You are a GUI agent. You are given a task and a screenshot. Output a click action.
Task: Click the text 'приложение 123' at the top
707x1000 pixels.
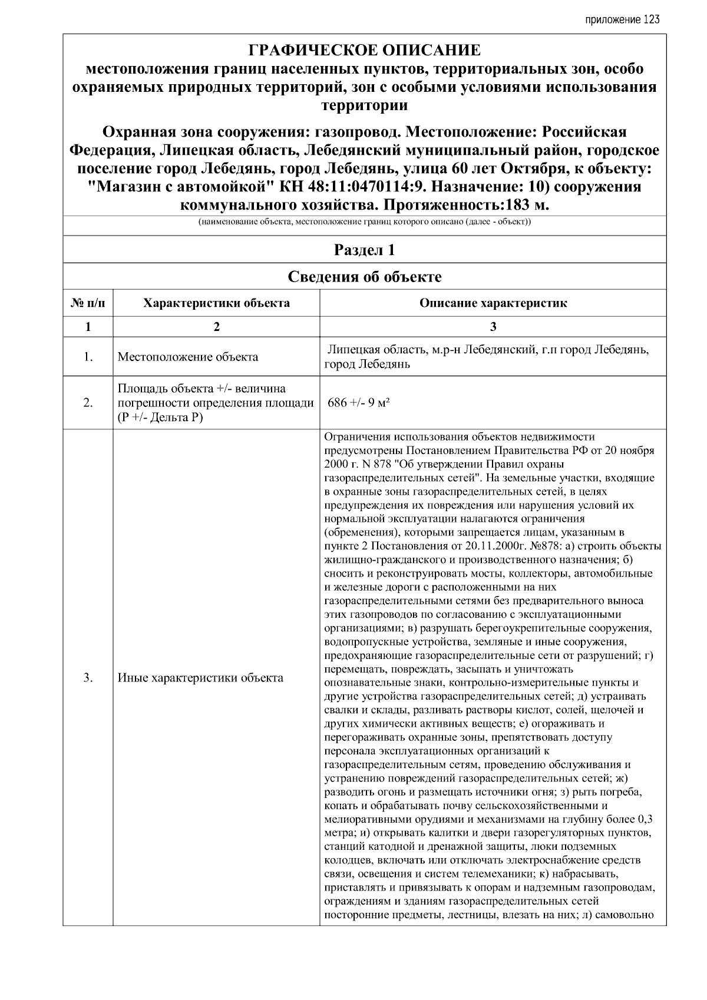(622, 20)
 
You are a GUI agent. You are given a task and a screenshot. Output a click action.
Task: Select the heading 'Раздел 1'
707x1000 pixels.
(364, 250)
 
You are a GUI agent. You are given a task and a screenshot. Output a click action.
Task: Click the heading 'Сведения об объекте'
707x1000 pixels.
(364, 277)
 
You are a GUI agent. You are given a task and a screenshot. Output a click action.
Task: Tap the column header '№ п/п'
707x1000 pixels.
(88, 303)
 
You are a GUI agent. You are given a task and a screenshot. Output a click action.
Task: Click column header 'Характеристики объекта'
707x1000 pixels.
(217, 303)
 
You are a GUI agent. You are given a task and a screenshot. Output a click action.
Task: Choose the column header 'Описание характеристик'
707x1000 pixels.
(493, 303)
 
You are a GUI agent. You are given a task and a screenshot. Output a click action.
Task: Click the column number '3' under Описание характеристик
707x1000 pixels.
(493, 327)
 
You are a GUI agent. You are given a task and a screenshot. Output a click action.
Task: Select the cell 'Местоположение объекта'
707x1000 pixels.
(188, 357)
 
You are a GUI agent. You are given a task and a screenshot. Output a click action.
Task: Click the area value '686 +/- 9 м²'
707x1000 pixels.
(360, 403)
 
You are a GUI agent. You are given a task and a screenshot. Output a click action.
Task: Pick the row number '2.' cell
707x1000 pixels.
(88, 403)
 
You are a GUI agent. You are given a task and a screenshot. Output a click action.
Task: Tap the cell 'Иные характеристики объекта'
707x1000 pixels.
(200, 677)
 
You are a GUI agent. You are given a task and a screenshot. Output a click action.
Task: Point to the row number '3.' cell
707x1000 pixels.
(88, 677)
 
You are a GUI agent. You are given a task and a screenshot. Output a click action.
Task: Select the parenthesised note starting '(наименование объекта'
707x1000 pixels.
(364, 223)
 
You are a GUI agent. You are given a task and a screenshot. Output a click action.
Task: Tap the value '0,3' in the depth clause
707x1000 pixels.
(645, 819)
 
